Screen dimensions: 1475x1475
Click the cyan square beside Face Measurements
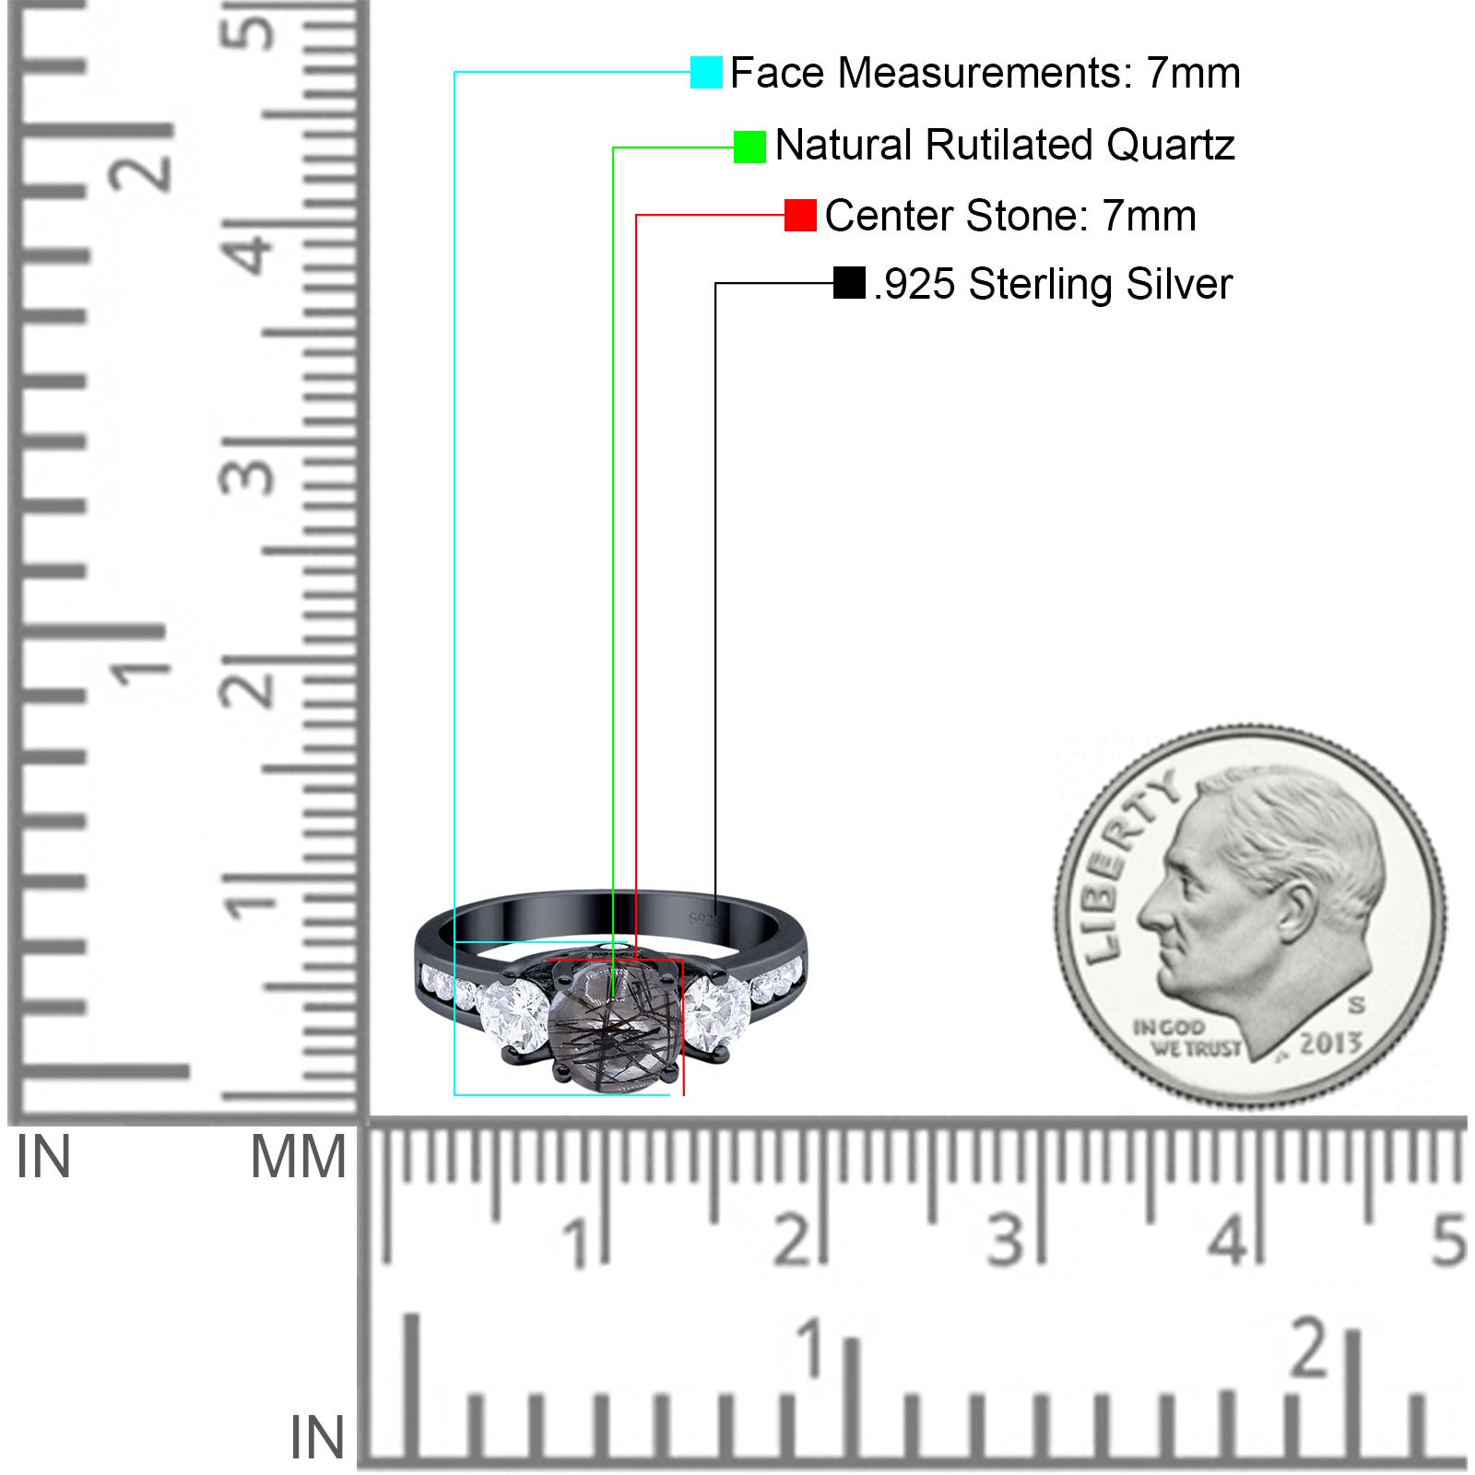tap(706, 72)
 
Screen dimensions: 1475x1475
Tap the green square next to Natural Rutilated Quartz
tap(749, 147)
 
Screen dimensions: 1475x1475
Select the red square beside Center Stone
tap(800, 216)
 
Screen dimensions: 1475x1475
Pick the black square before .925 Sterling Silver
tap(849, 283)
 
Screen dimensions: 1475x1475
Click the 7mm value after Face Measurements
tap(1194, 73)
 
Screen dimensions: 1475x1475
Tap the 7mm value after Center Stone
tap(1150, 216)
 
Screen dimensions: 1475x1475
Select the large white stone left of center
tap(513, 1016)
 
